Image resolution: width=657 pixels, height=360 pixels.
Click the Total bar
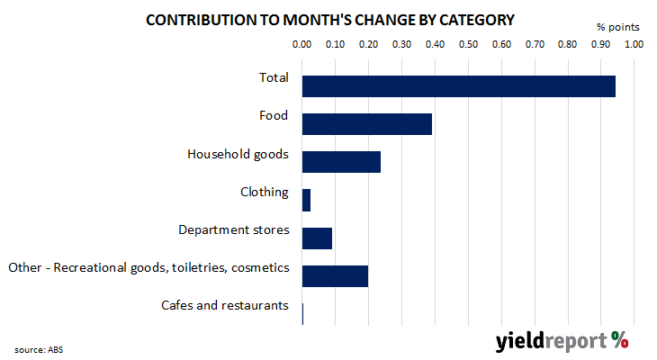click(459, 86)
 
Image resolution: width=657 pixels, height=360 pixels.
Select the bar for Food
click(367, 124)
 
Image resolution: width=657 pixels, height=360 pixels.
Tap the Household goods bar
click(341, 162)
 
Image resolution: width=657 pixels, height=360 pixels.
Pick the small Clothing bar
click(306, 200)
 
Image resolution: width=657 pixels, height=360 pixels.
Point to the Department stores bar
click(317, 238)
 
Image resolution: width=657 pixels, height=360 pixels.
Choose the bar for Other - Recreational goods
click(335, 276)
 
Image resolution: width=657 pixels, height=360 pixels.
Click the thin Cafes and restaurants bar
click(302, 314)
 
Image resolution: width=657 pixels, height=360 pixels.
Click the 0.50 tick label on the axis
click(468, 44)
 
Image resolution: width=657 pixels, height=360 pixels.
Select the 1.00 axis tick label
click(634, 44)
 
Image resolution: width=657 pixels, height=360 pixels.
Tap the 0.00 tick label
click(301, 44)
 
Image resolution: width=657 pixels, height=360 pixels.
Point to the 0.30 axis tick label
click(401, 44)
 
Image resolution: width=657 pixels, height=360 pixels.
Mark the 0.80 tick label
click(567, 44)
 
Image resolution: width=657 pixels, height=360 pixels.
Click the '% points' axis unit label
click(618, 27)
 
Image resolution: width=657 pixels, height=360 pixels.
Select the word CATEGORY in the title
click(476, 20)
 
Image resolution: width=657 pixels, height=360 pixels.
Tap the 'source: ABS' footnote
click(39, 349)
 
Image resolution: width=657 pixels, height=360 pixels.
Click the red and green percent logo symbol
click(619, 340)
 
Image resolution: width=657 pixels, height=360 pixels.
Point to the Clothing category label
click(265, 192)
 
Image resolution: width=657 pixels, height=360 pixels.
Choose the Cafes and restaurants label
click(225, 305)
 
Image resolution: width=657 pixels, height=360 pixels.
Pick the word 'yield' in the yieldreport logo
click(520, 341)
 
